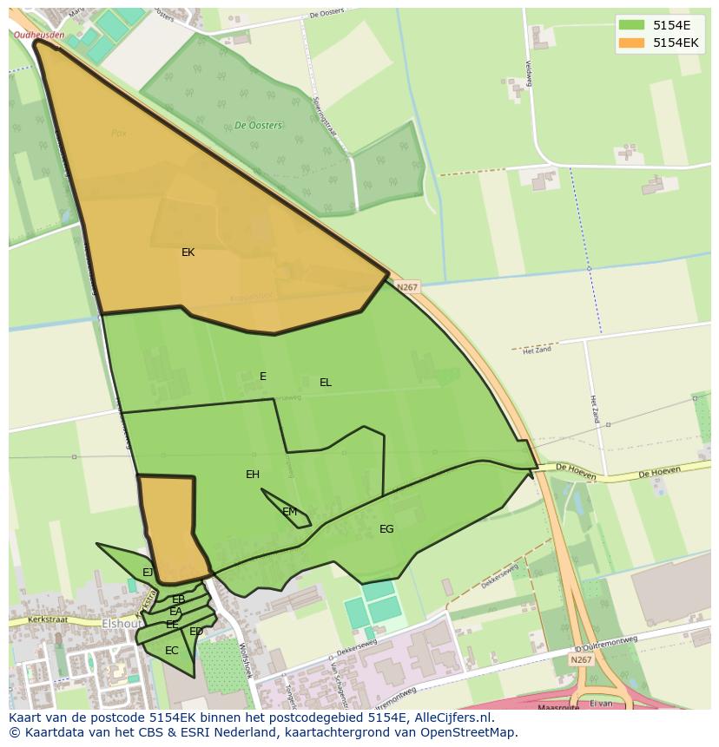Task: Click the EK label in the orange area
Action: point(188,252)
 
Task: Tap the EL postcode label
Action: point(326,383)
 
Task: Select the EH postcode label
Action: point(253,475)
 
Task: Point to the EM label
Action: point(290,512)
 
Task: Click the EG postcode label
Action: point(386,529)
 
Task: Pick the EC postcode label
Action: point(172,651)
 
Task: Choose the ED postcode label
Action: point(196,632)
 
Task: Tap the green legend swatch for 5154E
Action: point(631,26)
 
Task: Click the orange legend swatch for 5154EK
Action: point(631,43)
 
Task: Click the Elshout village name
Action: point(122,624)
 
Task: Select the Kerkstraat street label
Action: point(48,620)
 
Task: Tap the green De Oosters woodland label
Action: point(258,125)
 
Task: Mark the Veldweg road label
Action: point(527,75)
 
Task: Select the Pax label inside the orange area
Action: point(119,134)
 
